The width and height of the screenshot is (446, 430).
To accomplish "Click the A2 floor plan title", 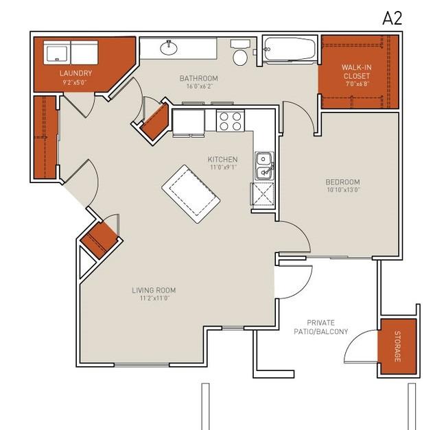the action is [x=392, y=19].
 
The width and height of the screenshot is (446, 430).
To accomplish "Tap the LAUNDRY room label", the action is [x=76, y=73].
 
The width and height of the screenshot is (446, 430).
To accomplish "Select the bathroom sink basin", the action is [x=169, y=48].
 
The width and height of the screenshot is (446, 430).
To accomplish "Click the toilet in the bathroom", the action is [x=240, y=53].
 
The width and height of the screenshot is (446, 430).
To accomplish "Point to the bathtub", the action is [x=290, y=49].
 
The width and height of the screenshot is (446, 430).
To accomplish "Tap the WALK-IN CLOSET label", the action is [x=356, y=71].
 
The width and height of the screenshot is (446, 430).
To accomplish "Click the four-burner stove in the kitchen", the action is [x=231, y=121].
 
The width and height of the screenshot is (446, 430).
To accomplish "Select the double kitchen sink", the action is [x=264, y=166].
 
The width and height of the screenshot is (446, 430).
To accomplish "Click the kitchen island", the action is [x=191, y=194].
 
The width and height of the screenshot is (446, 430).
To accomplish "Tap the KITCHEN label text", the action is [x=222, y=159].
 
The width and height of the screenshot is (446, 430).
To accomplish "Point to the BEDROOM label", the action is [x=343, y=182].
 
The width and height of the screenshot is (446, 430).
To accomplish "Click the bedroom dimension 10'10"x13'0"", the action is [x=344, y=190].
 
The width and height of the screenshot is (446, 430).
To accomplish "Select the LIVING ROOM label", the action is [x=154, y=290].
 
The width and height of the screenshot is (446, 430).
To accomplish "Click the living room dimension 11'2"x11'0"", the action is [x=154, y=298].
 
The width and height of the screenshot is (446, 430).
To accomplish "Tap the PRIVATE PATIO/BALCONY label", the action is [x=321, y=327].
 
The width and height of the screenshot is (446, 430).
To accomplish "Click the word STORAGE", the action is [x=397, y=346].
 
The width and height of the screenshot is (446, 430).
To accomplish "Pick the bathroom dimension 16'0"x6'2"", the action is [x=200, y=86].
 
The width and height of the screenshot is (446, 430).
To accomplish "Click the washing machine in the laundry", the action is [x=57, y=53].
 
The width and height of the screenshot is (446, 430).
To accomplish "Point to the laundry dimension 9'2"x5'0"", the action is [x=75, y=83].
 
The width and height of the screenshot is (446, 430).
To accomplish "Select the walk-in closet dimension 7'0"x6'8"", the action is [x=357, y=84].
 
